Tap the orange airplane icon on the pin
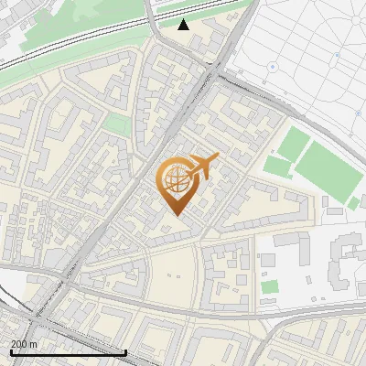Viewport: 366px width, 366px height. [203, 166]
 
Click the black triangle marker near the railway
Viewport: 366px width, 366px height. [184, 25]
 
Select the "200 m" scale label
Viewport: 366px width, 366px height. [24, 344]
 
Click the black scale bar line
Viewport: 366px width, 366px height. [68, 352]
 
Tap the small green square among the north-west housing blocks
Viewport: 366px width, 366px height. [116, 125]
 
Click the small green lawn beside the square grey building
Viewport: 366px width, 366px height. [269, 286]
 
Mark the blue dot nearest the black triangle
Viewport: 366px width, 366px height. [271, 66]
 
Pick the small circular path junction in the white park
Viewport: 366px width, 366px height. [337, 55]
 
